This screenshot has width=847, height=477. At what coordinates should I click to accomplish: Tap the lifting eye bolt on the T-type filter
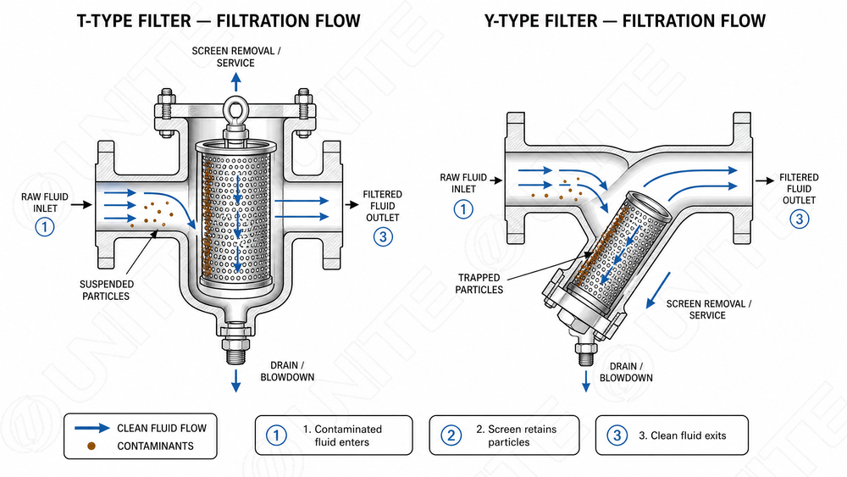pos(236,116)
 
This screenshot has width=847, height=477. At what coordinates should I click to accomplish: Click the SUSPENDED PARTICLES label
pos(107,290)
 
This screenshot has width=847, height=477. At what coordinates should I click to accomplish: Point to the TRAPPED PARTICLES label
pos(479,284)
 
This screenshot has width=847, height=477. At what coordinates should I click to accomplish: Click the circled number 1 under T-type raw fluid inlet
pos(45,226)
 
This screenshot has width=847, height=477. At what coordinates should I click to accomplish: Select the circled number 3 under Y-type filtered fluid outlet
pos(800,219)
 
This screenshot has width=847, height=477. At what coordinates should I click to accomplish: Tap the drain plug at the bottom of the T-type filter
pos(235,344)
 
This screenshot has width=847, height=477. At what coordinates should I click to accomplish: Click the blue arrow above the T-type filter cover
pos(236,82)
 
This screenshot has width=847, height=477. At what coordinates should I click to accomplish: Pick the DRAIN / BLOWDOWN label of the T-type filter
pos(287,372)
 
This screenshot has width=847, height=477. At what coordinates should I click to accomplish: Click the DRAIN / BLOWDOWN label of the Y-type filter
pos(626,372)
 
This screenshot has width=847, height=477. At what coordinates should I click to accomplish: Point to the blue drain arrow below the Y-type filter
pos(586,381)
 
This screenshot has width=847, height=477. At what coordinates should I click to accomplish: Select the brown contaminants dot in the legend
pos(91,446)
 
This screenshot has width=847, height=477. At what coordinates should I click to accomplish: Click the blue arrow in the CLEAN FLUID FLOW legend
pos(91,428)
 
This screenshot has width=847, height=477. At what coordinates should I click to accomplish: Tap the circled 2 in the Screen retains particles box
pos(451,435)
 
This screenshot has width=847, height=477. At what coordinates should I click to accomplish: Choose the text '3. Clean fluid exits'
pos(682,435)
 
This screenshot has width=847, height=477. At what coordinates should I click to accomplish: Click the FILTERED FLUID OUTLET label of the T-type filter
pos(383,206)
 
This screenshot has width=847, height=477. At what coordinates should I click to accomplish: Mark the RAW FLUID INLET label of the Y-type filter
pos(463,183)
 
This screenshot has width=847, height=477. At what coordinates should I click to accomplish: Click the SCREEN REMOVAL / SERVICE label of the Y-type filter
pos(708,309)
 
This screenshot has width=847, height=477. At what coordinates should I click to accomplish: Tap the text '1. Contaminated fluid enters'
pos(342,435)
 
